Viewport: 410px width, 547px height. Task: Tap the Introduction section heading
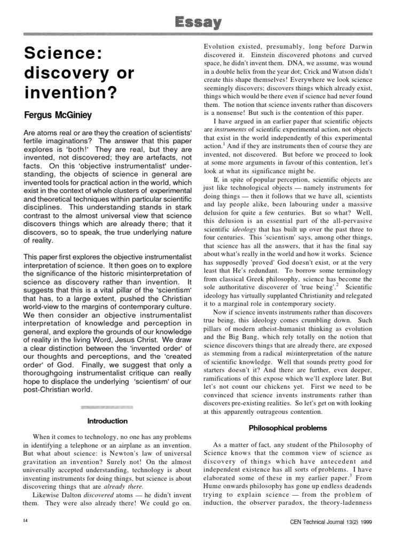pyautogui.click(x=107, y=421)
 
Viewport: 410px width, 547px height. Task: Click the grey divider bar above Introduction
pyautogui.click(x=107, y=407)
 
